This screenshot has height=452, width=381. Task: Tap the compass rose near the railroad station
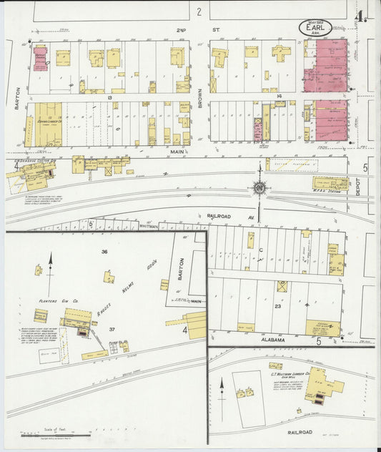click(x=259, y=189)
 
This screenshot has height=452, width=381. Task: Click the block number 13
click(x=110, y=97)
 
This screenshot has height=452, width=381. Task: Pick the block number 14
click(x=280, y=95)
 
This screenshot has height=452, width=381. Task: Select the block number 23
click(x=277, y=305)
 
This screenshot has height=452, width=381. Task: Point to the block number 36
click(x=104, y=252)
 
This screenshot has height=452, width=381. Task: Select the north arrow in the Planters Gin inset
click(x=51, y=262)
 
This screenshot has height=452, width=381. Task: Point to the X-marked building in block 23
click(x=282, y=286)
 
